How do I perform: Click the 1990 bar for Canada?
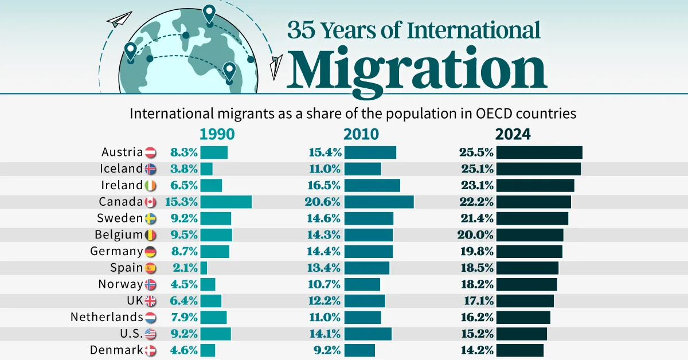click(x=226, y=202)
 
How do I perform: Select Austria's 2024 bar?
click(x=539, y=152)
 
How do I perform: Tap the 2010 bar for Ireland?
click(x=372, y=185)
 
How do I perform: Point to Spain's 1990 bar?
click(x=204, y=268)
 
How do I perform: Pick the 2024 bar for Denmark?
click(x=519, y=350)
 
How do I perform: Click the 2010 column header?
click(x=361, y=134)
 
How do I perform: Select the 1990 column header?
click(x=217, y=134)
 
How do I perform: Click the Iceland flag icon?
click(x=151, y=169)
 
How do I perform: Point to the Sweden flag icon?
click(x=151, y=218)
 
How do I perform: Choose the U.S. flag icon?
click(x=151, y=334)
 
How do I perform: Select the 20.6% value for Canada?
click(x=324, y=202)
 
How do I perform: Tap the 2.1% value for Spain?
click(x=184, y=268)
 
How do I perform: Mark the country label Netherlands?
click(x=107, y=317)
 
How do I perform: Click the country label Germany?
click(x=116, y=251)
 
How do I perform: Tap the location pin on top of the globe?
click(x=209, y=13)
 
